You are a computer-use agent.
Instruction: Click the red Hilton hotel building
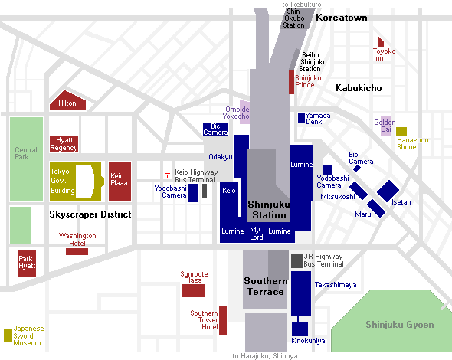click(x=67, y=101)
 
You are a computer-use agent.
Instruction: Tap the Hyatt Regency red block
click(x=64, y=144)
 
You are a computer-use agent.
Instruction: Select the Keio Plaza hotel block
click(x=120, y=182)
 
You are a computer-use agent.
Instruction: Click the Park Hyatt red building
click(x=27, y=263)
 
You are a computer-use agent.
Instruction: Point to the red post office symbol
click(x=167, y=175)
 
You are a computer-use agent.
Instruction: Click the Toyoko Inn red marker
click(x=381, y=42)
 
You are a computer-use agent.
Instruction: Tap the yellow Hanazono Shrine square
click(x=401, y=132)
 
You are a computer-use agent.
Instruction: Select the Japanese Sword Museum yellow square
click(x=8, y=335)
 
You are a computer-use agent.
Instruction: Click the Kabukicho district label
click(x=359, y=88)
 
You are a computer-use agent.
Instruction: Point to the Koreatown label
click(x=342, y=18)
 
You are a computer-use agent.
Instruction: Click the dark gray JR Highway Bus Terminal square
click(x=297, y=261)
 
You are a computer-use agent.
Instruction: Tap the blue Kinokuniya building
click(x=300, y=329)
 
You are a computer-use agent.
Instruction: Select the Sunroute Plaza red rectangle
click(x=193, y=290)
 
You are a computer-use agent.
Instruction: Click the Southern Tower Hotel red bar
click(x=223, y=321)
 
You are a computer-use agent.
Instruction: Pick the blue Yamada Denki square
click(x=301, y=118)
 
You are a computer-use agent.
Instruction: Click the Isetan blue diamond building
click(x=388, y=191)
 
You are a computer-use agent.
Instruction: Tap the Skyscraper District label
click(x=90, y=214)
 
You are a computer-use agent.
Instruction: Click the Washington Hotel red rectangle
click(x=77, y=252)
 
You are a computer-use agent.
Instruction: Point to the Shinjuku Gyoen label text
click(x=400, y=325)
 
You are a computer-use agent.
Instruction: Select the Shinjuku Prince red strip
click(x=291, y=82)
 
